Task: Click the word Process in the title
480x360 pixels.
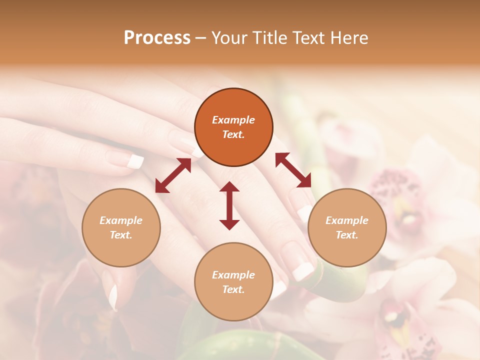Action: (x=157, y=38)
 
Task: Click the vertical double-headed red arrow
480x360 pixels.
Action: (x=229, y=205)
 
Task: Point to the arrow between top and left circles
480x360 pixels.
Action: (x=173, y=175)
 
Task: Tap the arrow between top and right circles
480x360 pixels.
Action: (x=293, y=170)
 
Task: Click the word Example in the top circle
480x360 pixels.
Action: (x=233, y=120)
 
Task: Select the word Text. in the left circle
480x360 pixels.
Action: (x=121, y=235)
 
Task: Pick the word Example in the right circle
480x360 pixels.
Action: (x=347, y=220)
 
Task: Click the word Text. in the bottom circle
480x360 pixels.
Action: (x=233, y=289)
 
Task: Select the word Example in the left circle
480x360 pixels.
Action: (x=121, y=220)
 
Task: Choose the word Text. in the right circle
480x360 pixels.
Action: (x=347, y=235)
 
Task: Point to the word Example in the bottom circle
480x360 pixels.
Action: (x=233, y=275)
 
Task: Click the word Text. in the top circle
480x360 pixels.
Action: (x=233, y=134)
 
